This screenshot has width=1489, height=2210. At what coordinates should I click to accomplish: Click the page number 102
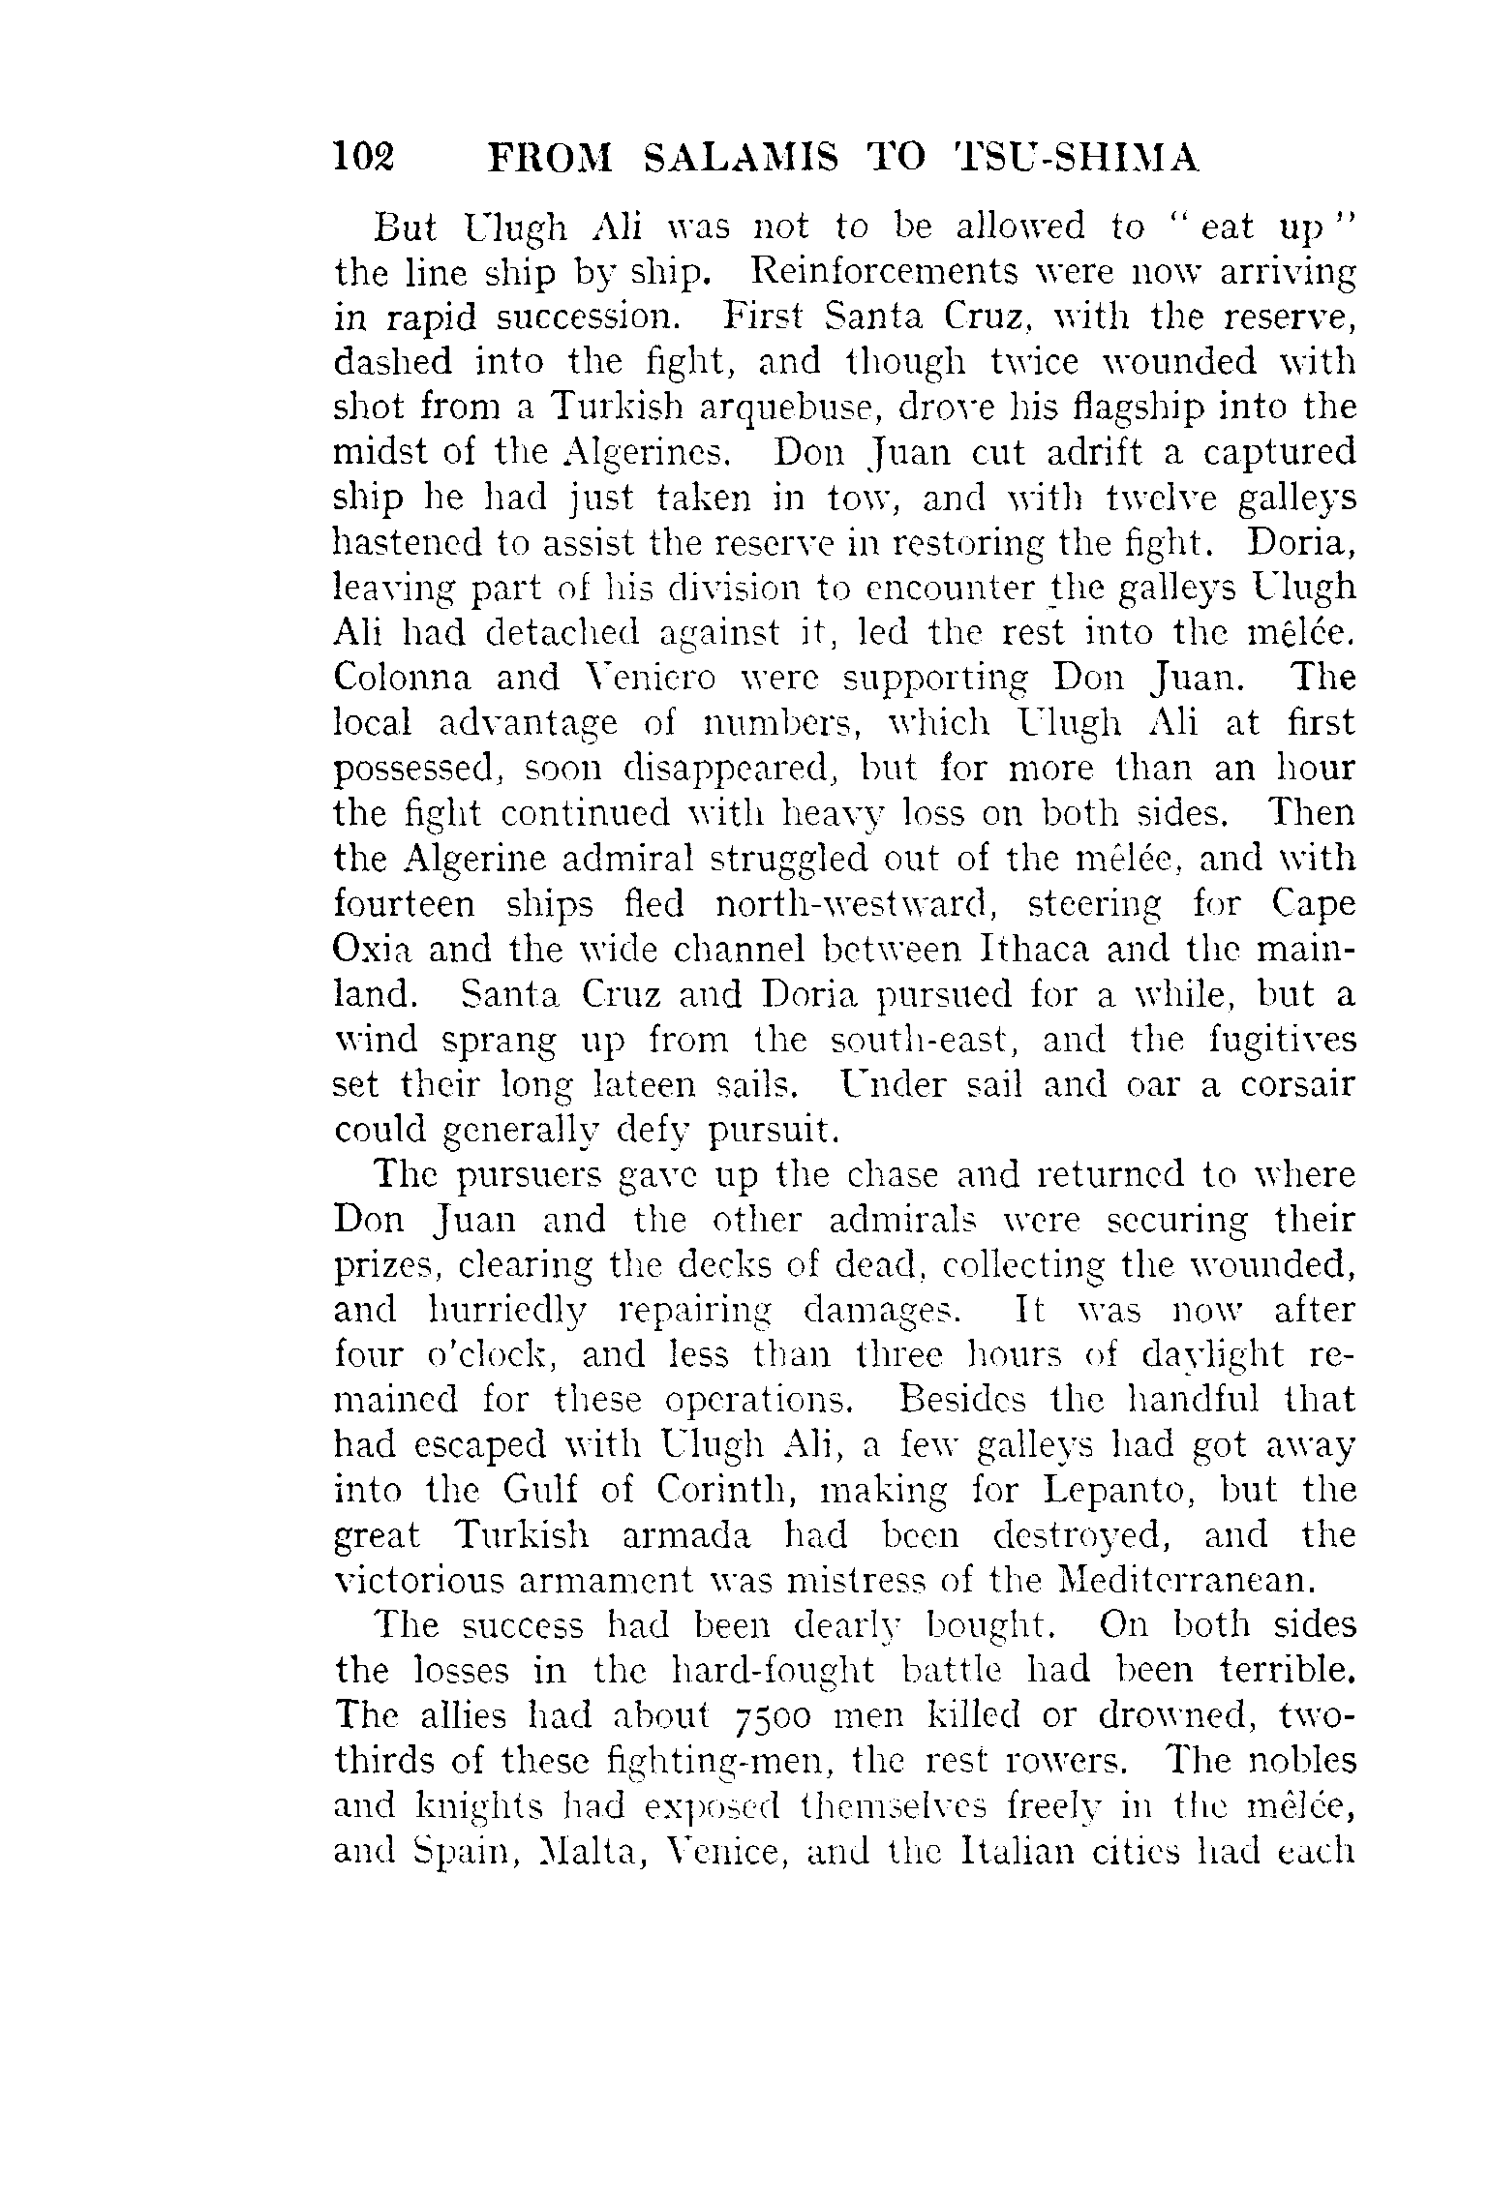364,156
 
